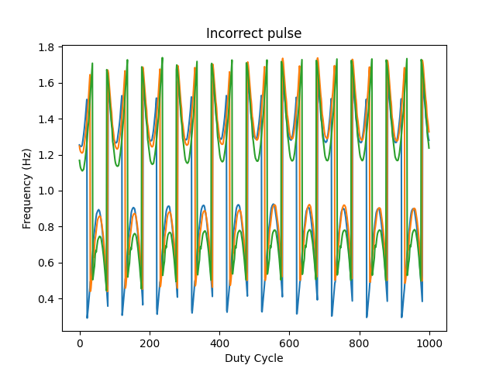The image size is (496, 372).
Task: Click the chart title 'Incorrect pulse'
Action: click(253, 33)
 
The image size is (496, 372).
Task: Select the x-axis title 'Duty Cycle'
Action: click(253, 358)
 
